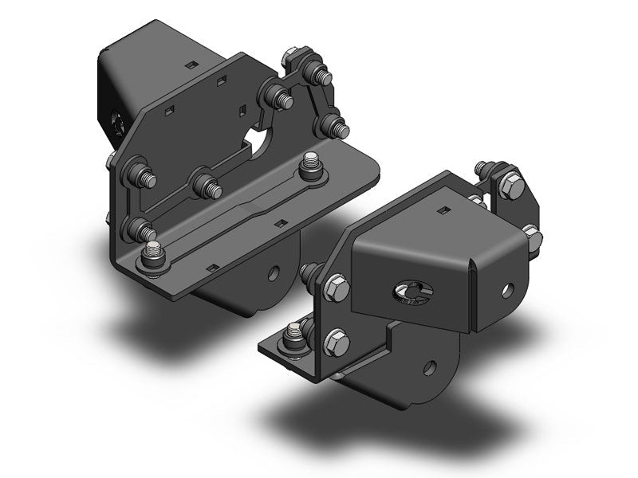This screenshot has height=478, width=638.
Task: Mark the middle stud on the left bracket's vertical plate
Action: pyautogui.click(x=206, y=186)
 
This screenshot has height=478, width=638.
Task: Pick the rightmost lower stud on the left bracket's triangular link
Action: pyautogui.click(x=335, y=126)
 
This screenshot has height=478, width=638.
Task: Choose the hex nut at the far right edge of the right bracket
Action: pyautogui.click(x=533, y=237)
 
